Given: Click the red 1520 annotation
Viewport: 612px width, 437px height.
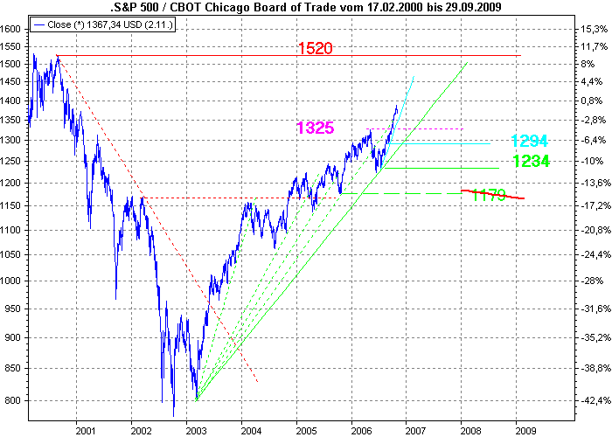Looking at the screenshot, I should pyautogui.click(x=315, y=47).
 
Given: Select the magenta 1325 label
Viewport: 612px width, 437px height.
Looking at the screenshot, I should pyautogui.click(x=316, y=128).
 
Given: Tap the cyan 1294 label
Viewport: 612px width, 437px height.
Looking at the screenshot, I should pyautogui.click(x=531, y=141).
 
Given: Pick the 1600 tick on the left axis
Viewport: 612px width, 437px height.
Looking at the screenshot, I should pyautogui.click(x=11, y=29).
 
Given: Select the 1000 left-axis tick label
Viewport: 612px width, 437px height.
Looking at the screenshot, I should pyautogui.click(x=11, y=281).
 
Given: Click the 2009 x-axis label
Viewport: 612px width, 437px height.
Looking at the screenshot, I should pyautogui.click(x=525, y=431).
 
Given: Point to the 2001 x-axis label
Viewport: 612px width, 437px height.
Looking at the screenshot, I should pyautogui.click(x=85, y=431).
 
